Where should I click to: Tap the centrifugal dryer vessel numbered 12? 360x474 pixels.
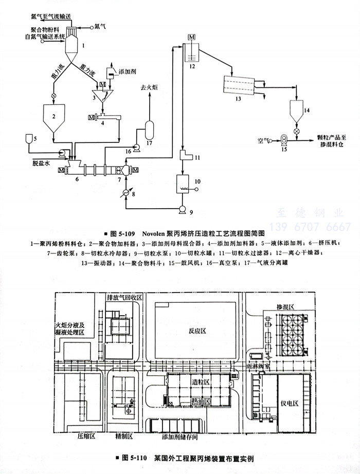(x=192, y=53)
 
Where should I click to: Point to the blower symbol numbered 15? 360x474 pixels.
(x=283, y=138)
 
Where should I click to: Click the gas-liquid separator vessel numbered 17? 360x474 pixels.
(x=150, y=126)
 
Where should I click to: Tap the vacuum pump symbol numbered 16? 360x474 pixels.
(x=137, y=148)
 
